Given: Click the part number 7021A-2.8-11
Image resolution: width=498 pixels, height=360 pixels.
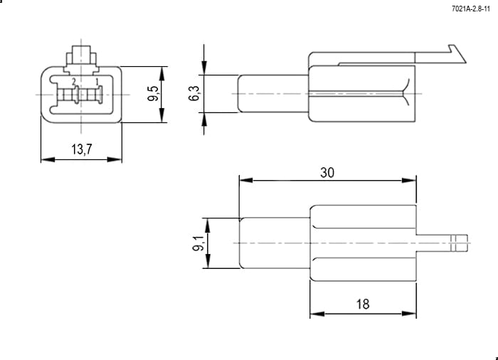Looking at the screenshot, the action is pos(471,9).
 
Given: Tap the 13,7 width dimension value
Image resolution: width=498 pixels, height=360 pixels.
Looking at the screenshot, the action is pos(82,149).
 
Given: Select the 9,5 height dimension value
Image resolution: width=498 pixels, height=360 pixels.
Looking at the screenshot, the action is pos(153,93).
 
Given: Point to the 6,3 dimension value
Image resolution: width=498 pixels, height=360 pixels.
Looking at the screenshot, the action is pos(194,93).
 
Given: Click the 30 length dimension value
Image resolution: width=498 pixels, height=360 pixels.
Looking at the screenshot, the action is pos(327,173).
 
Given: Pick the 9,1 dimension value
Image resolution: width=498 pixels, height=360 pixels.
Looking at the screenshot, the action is pos(198,243).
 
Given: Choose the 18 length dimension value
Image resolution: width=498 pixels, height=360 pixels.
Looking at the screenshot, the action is pos(363,304).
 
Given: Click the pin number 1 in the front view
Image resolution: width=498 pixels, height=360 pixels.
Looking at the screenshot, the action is pos(97,82).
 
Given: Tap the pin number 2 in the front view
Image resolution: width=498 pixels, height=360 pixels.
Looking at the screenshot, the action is pos(74,82).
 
